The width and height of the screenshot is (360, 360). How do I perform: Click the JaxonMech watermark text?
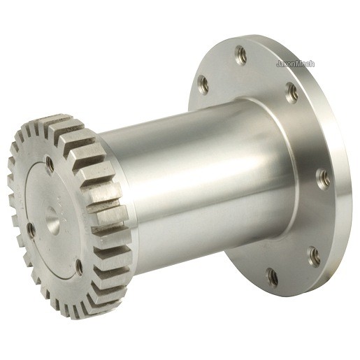[x=295, y=64]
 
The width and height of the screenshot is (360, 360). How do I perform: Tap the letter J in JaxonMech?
[x=278, y=64]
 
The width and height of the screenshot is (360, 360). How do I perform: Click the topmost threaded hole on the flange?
[x=240, y=55]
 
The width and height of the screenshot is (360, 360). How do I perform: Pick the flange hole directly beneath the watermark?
[x=292, y=94]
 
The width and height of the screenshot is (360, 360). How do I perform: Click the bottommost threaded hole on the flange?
[x=272, y=277]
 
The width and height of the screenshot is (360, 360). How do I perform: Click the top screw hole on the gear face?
[x=50, y=164]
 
